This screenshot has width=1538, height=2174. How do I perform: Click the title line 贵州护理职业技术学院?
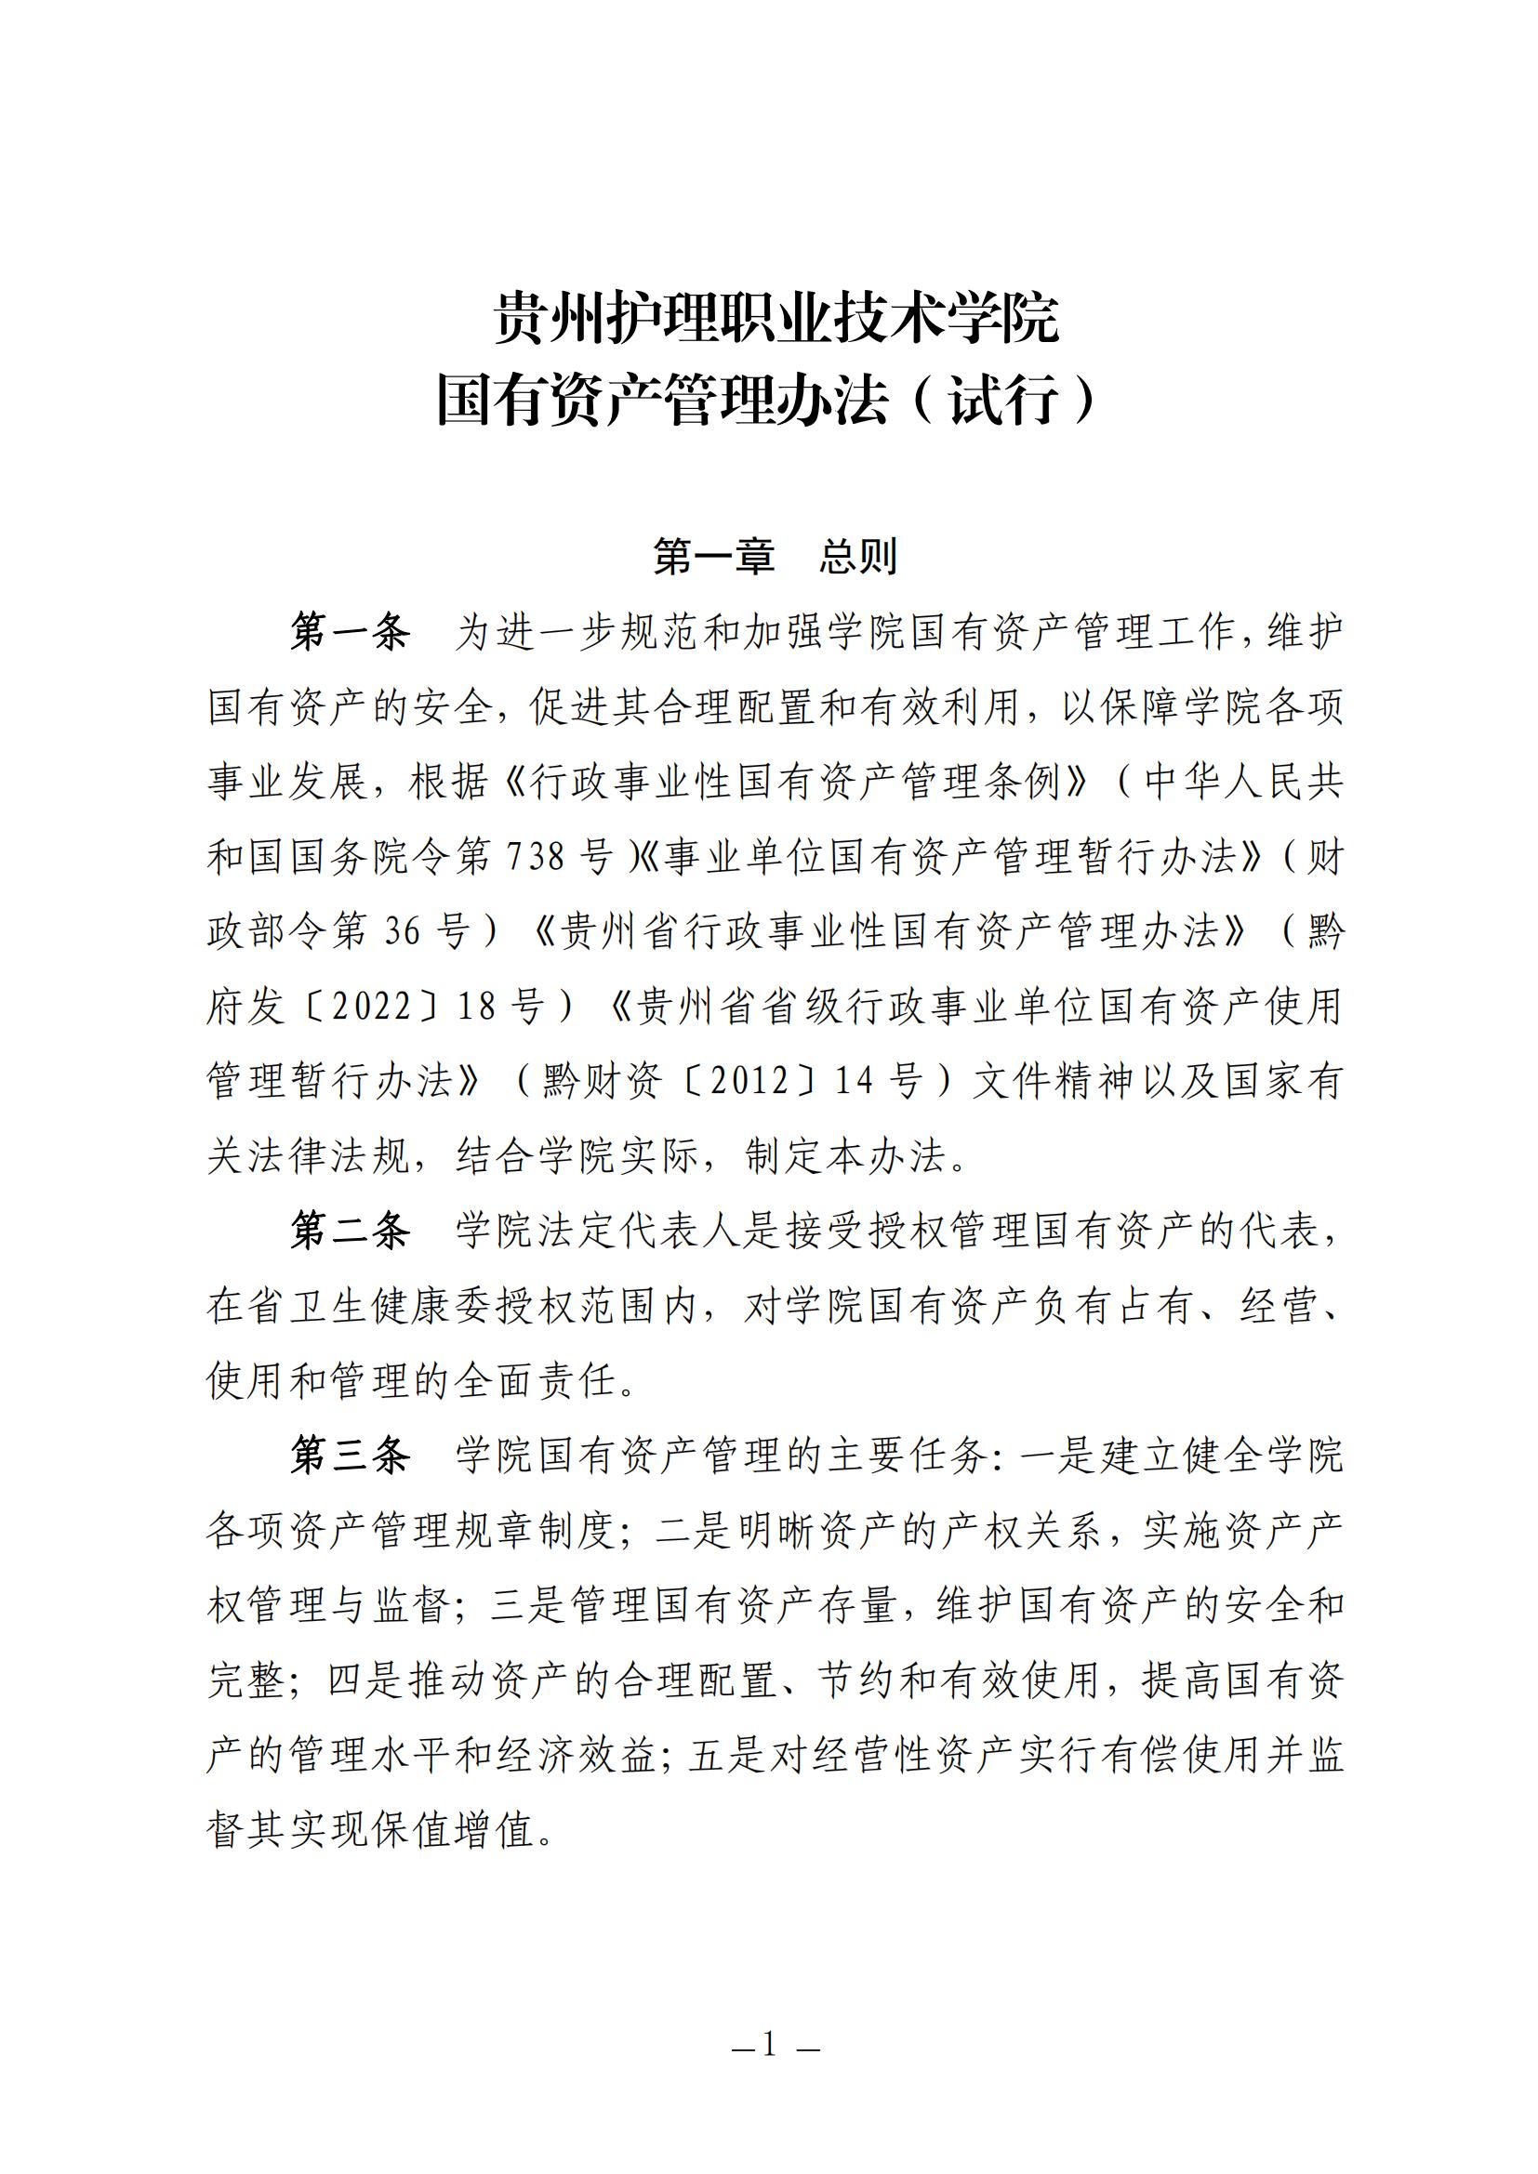[x=776, y=318]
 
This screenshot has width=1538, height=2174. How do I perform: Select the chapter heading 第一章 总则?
[x=775, y=557]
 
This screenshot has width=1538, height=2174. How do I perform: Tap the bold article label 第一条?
[x=350, y=631]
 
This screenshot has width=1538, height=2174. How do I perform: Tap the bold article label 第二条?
[x=350, y=1231]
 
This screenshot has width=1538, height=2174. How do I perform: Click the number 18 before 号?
[x=476, y=1007]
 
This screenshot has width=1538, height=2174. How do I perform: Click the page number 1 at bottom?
[x=769, y=2044]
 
